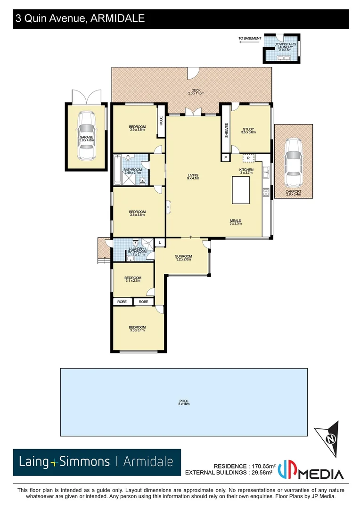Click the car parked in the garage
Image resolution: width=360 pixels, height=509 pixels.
[x=86, y=136]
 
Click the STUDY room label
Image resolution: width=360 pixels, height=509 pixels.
[x=248, y=131]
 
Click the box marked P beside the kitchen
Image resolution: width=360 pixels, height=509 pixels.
[x=226, y=157]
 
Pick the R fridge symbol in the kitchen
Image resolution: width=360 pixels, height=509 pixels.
[x=248, y=157]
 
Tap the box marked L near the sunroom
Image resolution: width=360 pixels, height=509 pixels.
[x=160, y=242]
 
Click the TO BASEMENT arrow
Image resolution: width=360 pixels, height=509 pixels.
[x=248, y=41]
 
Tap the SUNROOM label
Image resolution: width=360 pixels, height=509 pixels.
[x=183, y=257]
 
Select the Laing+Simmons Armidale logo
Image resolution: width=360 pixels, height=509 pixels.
[x=97, y=461]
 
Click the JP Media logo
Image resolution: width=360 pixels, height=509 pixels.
[x=311, y=469]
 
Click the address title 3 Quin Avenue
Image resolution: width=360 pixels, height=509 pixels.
[x=80, y=19]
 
